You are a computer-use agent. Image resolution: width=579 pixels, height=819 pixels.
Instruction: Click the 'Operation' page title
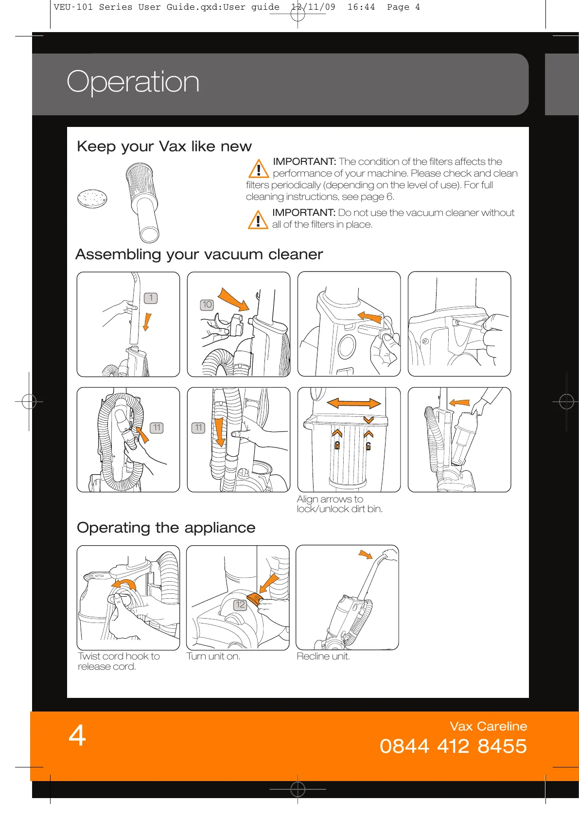[x=133, y=82]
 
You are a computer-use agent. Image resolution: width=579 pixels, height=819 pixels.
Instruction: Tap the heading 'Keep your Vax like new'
[x=164, y=146]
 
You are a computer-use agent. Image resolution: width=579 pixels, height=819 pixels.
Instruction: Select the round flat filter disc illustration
[x=92, y=198]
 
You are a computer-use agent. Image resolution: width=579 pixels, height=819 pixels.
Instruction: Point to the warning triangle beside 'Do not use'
[x=258, y=220]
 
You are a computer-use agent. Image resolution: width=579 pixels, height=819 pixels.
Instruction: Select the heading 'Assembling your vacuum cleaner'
[x=199, y=254]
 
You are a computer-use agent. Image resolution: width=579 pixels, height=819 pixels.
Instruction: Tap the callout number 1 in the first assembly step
[x=151, y=298]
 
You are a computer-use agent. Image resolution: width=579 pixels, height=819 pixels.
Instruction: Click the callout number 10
[x=207, y=304]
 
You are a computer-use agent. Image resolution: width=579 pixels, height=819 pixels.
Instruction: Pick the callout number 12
[x=240, y=605]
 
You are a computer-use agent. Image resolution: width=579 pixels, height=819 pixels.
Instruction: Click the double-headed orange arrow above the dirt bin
[x=353, y=403]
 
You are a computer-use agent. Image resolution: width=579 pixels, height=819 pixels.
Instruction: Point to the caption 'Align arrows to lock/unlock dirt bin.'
[x=339, y=504]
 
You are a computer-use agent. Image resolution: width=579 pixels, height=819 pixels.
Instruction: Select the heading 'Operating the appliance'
[x=166, y=528]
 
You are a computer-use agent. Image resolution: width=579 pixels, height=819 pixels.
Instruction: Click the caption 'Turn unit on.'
[x=213, y=656]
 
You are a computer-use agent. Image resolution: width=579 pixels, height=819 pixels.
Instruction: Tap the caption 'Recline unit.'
[x=323, y=656]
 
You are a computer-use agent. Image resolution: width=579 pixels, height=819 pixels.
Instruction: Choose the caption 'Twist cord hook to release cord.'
[x=119, y=661]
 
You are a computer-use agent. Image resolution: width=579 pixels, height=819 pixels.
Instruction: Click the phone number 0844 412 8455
[x=453, y=746]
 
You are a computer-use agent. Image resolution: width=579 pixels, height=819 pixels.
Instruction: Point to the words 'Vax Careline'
[x=488, y=726]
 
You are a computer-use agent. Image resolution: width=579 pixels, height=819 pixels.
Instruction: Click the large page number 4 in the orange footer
[x=77, y=735]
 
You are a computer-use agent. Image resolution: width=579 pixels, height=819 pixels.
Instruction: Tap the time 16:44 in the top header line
[x=361, y=7]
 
